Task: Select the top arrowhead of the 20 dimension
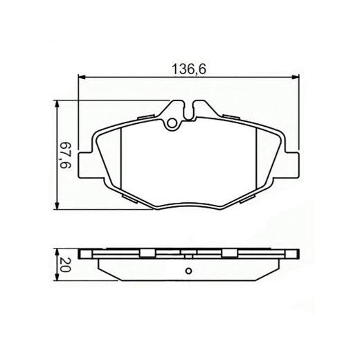[x=57, y=250]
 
